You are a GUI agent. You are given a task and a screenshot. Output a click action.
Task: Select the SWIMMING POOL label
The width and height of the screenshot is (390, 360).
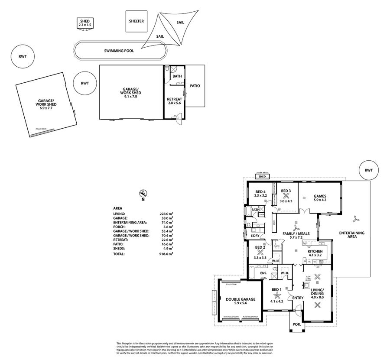[x=119, y=51]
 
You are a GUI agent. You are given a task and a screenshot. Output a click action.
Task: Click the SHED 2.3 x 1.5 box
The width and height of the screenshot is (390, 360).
[x=84, y=23]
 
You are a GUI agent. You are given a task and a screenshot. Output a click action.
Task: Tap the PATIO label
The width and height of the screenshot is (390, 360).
[x=195, y=86]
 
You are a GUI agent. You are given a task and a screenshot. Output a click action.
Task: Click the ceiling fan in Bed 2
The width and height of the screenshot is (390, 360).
[x=260, y=252]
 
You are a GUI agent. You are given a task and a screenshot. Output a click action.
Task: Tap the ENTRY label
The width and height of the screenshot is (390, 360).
[x=298, y=298]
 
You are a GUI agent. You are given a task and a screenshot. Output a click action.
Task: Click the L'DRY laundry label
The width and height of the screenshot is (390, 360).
[x=255, y=236]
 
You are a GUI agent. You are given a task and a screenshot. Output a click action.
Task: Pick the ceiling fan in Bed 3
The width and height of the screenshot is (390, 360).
[x=286, y=196]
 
